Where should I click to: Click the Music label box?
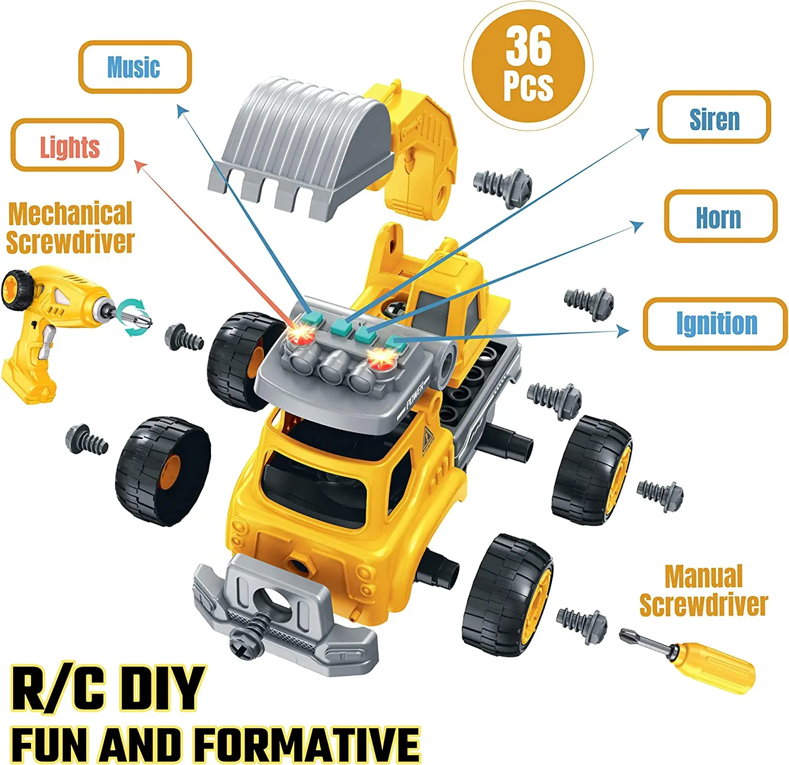pos(135,67)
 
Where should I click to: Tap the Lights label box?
pos(68,146)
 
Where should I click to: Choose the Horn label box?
pos(720,216)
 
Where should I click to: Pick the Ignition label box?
pos(715,324)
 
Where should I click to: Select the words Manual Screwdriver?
pos(704,590)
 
